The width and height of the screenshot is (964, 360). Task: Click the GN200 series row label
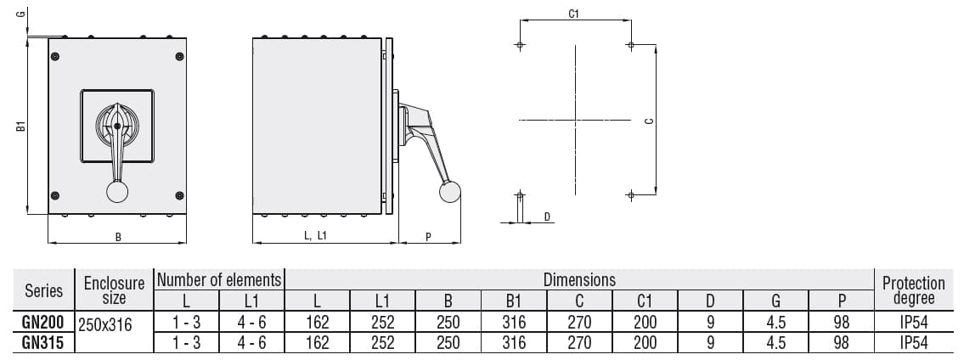point(43,323)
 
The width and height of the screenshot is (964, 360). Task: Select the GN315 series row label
point(43,342)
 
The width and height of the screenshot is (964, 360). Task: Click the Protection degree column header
point(913,290)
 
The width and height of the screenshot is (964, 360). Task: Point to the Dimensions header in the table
point(579,279)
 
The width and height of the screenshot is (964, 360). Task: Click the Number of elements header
point(219,279)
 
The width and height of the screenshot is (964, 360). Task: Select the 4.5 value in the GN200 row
point(776,323)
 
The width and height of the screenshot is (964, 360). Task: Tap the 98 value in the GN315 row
point(842,342)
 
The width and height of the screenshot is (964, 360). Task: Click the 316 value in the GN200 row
point(514,323)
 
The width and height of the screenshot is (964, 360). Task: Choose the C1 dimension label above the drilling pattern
point(574,14)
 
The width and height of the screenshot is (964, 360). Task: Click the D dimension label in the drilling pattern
point(548,217)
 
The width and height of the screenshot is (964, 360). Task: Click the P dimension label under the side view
point(429,237)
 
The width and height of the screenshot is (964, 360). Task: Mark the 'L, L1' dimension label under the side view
point(315,237)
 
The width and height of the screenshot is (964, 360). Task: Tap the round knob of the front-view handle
point(117,192)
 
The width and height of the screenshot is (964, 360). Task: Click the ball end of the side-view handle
point(449,193)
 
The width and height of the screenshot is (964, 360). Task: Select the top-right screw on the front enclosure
point(179,56)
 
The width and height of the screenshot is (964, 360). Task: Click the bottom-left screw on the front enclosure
point(55,195)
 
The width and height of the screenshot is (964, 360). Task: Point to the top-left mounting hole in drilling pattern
point(520,45)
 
